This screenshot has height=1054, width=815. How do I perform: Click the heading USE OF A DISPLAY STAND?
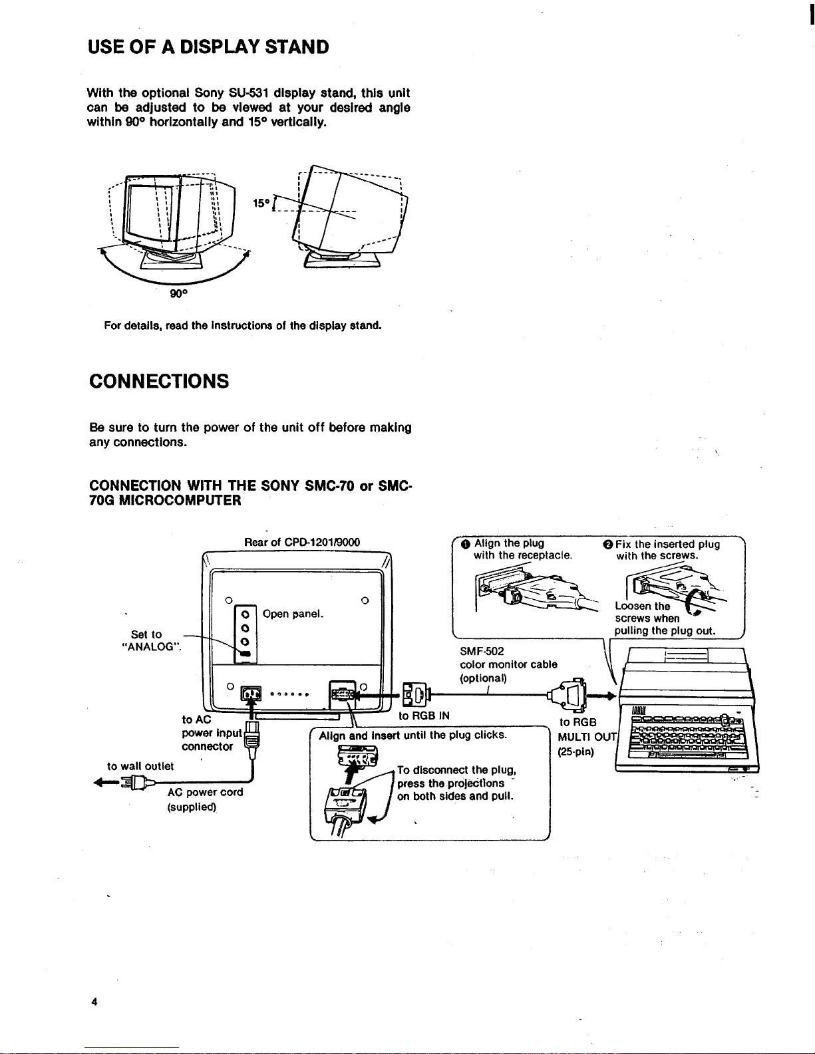[x=208, y=47]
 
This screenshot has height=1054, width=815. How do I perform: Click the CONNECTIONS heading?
[x=159, y=381]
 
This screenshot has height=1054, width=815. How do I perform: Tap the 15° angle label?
[x=261, y=203]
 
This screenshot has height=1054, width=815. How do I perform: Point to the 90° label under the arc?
[x=178, y=293]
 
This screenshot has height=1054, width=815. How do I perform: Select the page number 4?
[x=94, y=1001]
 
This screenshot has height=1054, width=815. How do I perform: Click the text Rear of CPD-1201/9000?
[x=302, y=542]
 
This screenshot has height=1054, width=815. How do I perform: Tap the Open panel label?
[x=293, y=614]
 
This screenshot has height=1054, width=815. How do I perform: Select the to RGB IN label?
[x=424, y=716]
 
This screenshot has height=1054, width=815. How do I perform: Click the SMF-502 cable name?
[x=482, y=651]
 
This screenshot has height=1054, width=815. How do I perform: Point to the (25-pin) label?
[x=576, y=752]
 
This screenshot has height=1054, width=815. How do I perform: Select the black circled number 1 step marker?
[x=466, y=544]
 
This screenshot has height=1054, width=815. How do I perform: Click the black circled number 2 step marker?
[x=608, y=545]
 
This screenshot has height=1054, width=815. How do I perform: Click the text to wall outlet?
[x=140, y=766]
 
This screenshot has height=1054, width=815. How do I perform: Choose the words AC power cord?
[x=205, y=792]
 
